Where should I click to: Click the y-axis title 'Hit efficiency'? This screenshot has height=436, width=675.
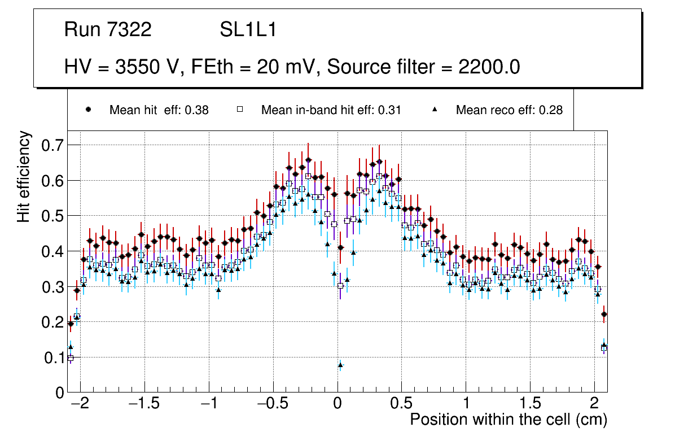coord(24,176)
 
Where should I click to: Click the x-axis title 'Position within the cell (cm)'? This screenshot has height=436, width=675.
coord(508,420)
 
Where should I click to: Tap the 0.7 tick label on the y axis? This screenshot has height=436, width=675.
coord(52,146)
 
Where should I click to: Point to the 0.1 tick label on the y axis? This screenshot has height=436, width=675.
coord(52,357)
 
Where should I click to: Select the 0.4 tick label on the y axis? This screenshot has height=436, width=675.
coord(52,251)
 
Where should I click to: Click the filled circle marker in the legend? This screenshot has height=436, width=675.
coord(88,110)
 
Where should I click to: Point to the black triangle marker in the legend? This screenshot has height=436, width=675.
coord(435,110)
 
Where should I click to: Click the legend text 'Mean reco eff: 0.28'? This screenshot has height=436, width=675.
coord(509,110)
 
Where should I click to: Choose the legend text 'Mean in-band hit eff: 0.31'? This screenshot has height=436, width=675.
coord(331,110)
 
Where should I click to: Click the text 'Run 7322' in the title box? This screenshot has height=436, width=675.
coord(108,30)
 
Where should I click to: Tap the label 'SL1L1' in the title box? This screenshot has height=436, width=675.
coord(248,30)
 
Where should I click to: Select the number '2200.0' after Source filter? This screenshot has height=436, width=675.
coord(489,67)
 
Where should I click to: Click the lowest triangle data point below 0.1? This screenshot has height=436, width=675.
coord(340,365)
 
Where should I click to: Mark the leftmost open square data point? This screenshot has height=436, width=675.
coord(71,358)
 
